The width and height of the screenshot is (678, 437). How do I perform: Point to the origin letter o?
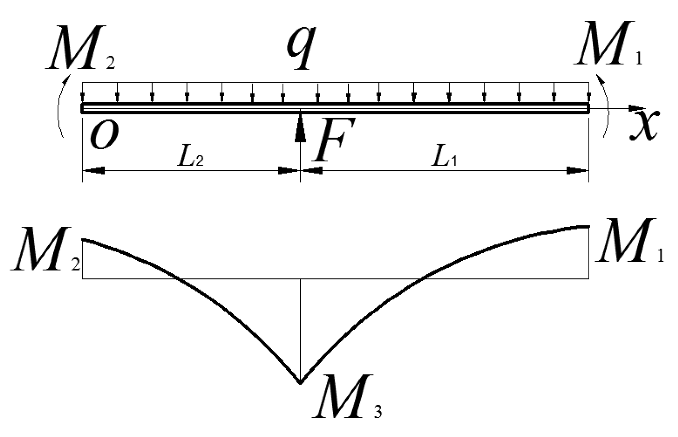pyautogui.click(x=104, y=135)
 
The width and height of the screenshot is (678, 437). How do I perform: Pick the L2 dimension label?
pyautogui.click(x=190, y=159)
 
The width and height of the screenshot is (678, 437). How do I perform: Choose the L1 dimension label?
pyautogui.click(x=446, y=159)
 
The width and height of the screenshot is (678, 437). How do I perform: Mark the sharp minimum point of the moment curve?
pyautogui.click(x=300, y=382)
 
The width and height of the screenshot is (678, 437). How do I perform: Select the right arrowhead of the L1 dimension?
pyautogui.click(x=578, y=171)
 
